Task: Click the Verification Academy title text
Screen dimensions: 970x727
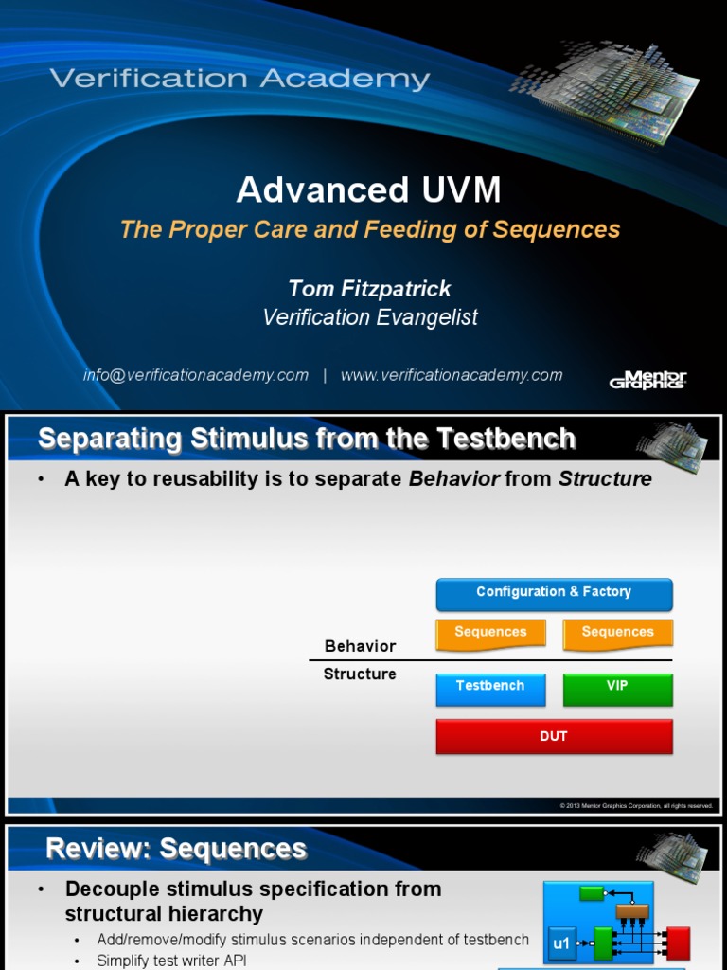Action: click(239, 79)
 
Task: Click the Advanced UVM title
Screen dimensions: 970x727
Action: click(368, 190)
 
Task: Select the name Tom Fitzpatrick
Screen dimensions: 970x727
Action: click(369, 288)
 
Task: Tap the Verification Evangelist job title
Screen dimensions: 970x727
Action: click(369, 317)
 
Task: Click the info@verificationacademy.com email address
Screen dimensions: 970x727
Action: click(196, 375)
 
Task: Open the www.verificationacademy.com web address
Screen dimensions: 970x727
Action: click(452, 375)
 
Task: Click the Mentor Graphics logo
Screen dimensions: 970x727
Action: click(647, 379)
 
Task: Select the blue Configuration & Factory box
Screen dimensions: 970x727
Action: click(554, 593)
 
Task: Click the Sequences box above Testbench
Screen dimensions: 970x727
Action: click(490, 633)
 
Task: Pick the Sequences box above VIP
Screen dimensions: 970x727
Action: click(617, 633)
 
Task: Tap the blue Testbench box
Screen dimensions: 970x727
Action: click(490, 687)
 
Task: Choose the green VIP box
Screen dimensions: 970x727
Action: click(617, 687)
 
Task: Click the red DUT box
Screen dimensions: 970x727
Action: click(554, 736)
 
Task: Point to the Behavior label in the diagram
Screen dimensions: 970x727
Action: click(360, 646)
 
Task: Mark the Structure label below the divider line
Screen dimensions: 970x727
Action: click(360, 674)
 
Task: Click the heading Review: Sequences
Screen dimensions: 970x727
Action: click(176, 849)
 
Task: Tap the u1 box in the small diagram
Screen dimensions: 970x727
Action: click(561, 943)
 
